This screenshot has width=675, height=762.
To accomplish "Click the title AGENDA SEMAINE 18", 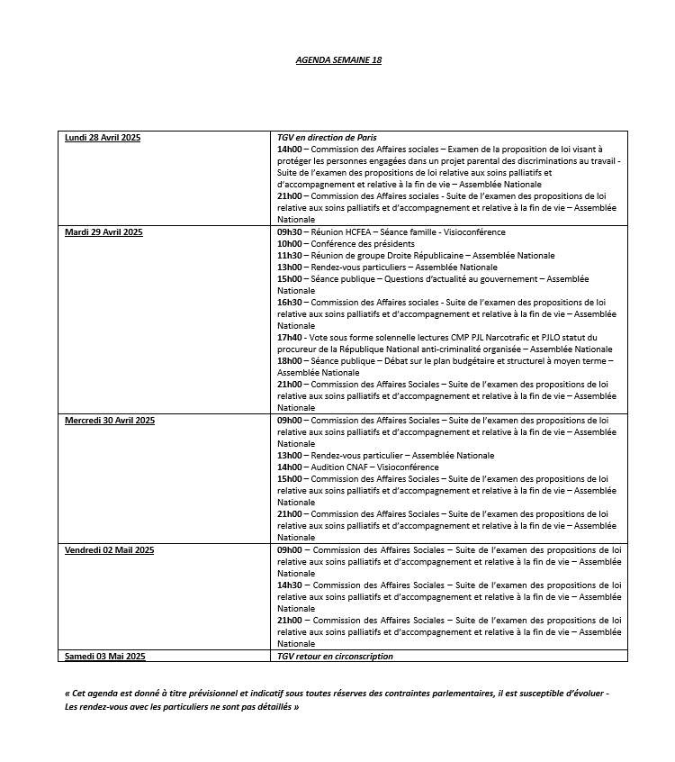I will click(x=338, y=59).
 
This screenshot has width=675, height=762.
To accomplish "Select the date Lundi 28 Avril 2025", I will click(x=103, y=138).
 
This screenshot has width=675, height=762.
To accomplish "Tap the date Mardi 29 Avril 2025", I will click(x=103, y=232).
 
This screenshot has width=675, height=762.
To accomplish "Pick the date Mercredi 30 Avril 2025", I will click(x=110, y=421).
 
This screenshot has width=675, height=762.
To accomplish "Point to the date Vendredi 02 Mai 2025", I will click(x=110, y=549).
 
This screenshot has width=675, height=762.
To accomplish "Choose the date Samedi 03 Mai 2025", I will click(x=104, y=657).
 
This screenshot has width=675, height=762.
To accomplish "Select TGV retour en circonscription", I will click(x=335, y=657).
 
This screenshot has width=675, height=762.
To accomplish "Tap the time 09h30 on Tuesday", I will click(x=289, y=232).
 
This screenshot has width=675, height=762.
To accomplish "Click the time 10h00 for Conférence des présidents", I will click(x=289, y=244).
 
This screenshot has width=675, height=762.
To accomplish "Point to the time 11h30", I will click(x=289, y=256).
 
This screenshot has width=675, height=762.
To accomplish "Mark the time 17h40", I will click(x=289, y=338).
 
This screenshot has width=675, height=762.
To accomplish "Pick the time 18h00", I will click(x=289, y=361).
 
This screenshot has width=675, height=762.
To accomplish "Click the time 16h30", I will click(x=289, y=303).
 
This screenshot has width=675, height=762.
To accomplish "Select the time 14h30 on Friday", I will click(x=289, y=585).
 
